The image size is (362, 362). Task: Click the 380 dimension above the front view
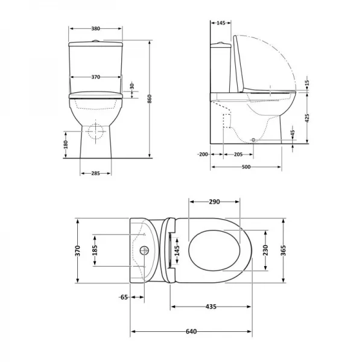tap(95, 28)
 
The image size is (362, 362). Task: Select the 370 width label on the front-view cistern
tap(95, 77)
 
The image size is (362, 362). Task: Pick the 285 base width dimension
tap(95, 174)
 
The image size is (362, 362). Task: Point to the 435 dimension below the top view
tap(211, 307)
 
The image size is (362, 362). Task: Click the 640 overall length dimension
tap(191, 332)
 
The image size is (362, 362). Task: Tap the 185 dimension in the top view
tap(95, 250)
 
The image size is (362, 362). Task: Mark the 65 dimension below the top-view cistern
tap(123, 297)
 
